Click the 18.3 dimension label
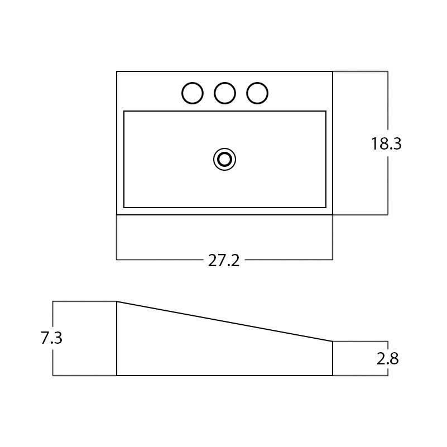coord(386,144)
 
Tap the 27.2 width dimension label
coord(224,260)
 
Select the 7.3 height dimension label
coord(51,338)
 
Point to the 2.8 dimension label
coord(387,359)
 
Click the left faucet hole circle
coord(193,93)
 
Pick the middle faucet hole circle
coord(225,93)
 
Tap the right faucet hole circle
coord(257,93)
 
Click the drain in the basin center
coord(224,160)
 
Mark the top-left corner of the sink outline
coord(117,71)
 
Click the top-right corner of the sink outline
coord(333,71)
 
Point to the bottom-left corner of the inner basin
coord(124,208)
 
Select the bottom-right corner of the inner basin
coord(326,208)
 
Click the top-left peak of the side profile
coord(117,301)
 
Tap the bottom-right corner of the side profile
coord(333,376)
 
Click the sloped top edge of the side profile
coord(224,321)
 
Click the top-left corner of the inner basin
coord(124,111)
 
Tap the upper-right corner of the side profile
coord(333,341)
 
